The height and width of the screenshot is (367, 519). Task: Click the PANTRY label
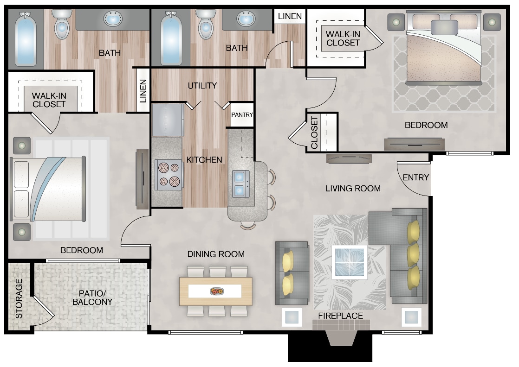pyautogui.click(x=242, y=114)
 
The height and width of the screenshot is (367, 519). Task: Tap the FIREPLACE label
pyautogui.click(x=340, y=316)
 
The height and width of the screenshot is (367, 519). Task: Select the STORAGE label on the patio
pyautogui.click(x=19, y=298)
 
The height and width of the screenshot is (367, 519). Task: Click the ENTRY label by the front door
pyautogui.click(x=415, y=177)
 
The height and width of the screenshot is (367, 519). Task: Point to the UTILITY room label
pyautogui.click(x=202, y=86)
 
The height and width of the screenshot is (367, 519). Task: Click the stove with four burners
pyautogui.click(x=168, y=175)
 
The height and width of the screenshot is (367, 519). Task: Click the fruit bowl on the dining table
pyautogui.click(x=216, y=291)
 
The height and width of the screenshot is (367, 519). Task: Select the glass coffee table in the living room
pyautogui.click(x=349, y=262)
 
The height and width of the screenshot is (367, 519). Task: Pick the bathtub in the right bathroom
pyautogui.click(x=170, y=39)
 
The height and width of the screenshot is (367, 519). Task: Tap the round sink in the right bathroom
pyautogui.click(x=246, y=20)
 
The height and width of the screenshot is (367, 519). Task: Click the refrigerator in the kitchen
pyautogui.click(x=168, y=120)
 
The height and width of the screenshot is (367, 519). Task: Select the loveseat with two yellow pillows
pyautogui.click(x=292, y=273)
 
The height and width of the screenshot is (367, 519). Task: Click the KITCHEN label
pyautogui.click(x=204, y=160)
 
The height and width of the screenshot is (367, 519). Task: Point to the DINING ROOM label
pyautogui.click(x=216, y=254)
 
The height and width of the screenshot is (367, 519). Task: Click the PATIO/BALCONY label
pyautogui.click(x=93, y=297)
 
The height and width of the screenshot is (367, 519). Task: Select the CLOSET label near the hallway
pyautogui.click(x=314, y=133)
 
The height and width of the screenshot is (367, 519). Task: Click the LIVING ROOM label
pyautogui.click(x=353, y=188)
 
